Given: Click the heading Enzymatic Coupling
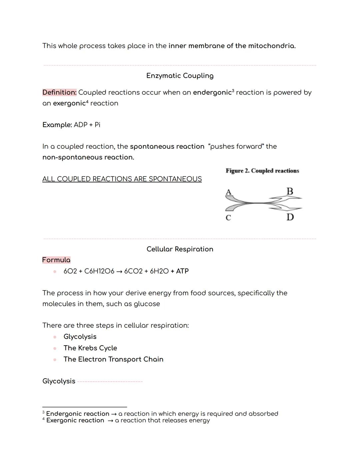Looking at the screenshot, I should click(180, 76).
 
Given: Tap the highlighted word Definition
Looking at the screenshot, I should click(59, 92).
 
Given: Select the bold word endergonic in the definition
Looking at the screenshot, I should click(212, 92).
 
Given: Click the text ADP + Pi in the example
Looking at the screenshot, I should click(87, 125).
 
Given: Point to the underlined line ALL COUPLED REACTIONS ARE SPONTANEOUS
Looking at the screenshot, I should click(122, 179).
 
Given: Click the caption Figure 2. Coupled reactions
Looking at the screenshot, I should click(262, 171).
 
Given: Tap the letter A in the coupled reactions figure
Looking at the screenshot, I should click(228, 192).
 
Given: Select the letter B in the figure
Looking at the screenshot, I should click(290, 191).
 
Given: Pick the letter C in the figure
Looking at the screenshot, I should click(228, 218).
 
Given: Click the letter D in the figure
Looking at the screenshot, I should click(290, 217).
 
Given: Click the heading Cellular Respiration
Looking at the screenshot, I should click(180, 249).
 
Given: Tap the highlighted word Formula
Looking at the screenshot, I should click(56, 260).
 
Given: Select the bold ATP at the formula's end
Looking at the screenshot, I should click(182, 271).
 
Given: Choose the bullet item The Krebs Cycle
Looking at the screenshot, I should click(90, 348).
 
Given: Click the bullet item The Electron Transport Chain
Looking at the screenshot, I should click(113, 359).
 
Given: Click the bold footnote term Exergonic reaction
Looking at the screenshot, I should click(75, 420).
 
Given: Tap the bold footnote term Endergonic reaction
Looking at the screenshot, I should click(78, 414).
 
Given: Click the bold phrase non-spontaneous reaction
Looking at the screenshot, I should click(88, 157).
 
